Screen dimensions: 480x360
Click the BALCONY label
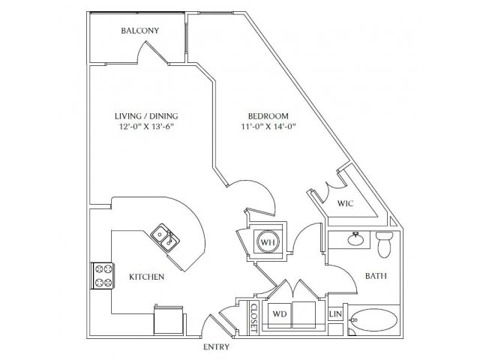tap(140, 31)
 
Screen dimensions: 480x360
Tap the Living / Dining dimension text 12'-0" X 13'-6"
tap(146, 127)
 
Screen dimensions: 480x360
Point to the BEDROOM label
tap(268, 116)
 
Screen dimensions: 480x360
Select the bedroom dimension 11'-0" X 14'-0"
tap(268, 127)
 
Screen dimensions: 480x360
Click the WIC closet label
tap(345, 203)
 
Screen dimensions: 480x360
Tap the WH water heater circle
tap(268, 241)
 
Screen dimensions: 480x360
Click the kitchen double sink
tap(165, 238)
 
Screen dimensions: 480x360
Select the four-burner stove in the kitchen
tap(102, 276)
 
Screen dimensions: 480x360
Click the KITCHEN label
tap(147, 277)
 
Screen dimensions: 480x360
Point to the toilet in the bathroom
tap(385, 244)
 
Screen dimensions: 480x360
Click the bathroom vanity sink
tap(355, 239)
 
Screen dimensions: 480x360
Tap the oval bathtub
tap(373, 320)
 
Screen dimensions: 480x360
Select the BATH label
tap(376, 276)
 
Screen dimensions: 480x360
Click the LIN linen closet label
tap(335, 314)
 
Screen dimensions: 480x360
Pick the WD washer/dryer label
tap(280, 314)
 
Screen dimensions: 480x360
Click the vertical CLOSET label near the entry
tap(253, 318)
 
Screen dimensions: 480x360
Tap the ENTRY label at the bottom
tap(217, 346)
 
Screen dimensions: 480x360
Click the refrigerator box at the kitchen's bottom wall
tap(169, 321)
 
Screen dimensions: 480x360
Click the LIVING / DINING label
tap(146, 116)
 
